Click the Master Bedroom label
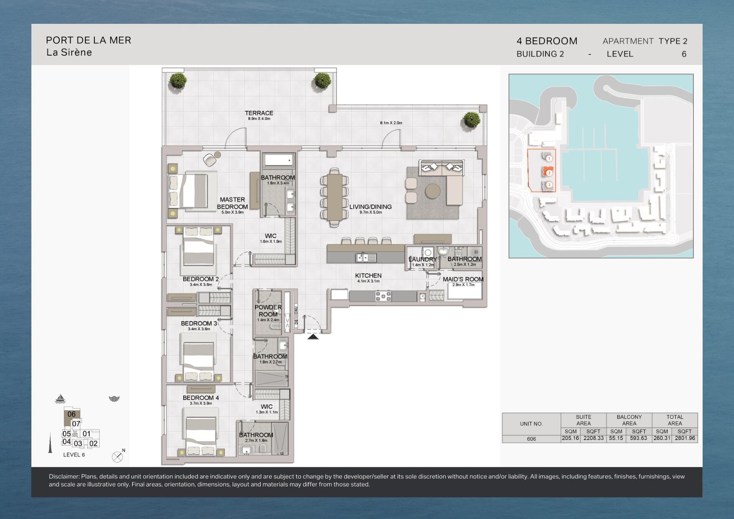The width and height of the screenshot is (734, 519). (x=232, y=203)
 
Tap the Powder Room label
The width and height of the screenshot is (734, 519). (x=268, y=311)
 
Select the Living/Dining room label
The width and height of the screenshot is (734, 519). (x=370, y=207)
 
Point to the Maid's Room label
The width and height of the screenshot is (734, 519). (x=463, y=279)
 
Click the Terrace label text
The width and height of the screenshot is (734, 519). (x=259, y=113)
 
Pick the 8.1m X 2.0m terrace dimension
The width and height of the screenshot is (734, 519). (x=391, y=123)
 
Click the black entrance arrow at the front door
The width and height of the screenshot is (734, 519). (x=313, y=336)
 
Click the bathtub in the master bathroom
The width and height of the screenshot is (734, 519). (x=278, y=160)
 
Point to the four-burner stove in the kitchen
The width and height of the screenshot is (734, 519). (x=383, y=296)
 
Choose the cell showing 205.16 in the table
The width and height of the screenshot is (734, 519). (x=570, y=439)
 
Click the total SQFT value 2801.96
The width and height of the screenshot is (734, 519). (x=685, y=439)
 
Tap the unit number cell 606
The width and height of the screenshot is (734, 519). (x=531, y=439)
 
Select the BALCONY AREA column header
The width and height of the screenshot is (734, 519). (x=629, y=420)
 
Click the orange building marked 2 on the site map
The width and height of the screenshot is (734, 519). (x=548, y=172)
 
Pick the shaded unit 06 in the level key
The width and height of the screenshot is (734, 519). (x=72, y=414)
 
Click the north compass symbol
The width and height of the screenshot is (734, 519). (x=118, y=457)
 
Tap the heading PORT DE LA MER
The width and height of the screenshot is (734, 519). (x=89, y=40)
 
